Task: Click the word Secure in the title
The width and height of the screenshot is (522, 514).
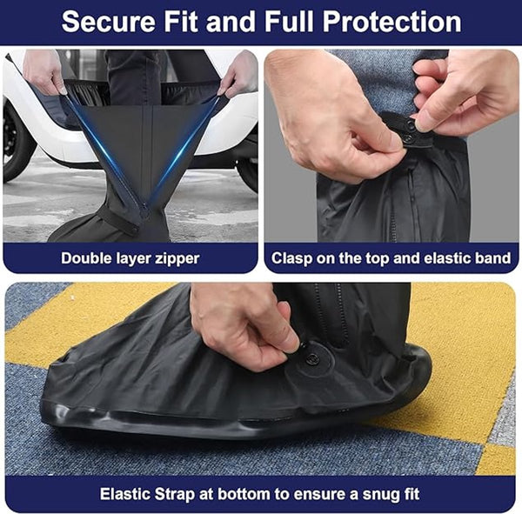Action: pos(108,22)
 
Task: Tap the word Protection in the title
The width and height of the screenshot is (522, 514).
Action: pos(391,22)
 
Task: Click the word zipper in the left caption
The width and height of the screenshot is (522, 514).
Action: pos(177,259)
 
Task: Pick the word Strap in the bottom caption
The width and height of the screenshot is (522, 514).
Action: pos(175,495)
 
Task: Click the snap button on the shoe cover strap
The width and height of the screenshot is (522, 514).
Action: pos(312,359)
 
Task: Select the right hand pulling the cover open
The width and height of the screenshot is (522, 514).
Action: pos(238,75)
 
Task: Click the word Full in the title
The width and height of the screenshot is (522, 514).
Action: pos(289,22)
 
